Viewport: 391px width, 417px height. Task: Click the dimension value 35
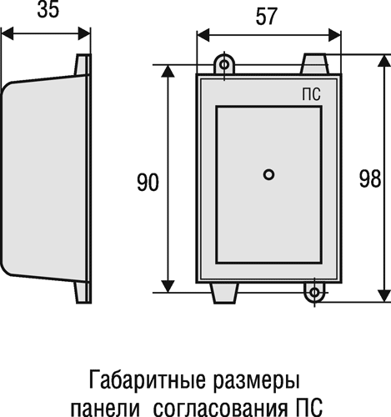pos(48,11)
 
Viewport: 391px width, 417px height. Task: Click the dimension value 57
pos(267,17)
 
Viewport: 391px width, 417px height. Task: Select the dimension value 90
pos(148,183)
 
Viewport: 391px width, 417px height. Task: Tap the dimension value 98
pos(370,178)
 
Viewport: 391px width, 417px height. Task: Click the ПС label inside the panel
pos(311,94)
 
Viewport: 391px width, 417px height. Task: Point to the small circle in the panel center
pos(268,174)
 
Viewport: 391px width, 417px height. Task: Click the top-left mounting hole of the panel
pos(224,65)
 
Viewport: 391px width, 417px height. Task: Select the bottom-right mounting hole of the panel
pos(314,293)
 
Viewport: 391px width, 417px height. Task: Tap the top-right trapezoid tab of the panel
pos(315,64)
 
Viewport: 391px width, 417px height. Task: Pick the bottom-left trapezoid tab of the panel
pos(225,293)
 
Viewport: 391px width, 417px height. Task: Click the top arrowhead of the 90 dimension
pos(168,71)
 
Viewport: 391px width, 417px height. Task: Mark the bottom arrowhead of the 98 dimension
pos(384,296)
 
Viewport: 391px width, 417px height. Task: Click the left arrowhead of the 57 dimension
pos(203,35)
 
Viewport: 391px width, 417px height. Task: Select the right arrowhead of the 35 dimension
pos(84,33)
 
